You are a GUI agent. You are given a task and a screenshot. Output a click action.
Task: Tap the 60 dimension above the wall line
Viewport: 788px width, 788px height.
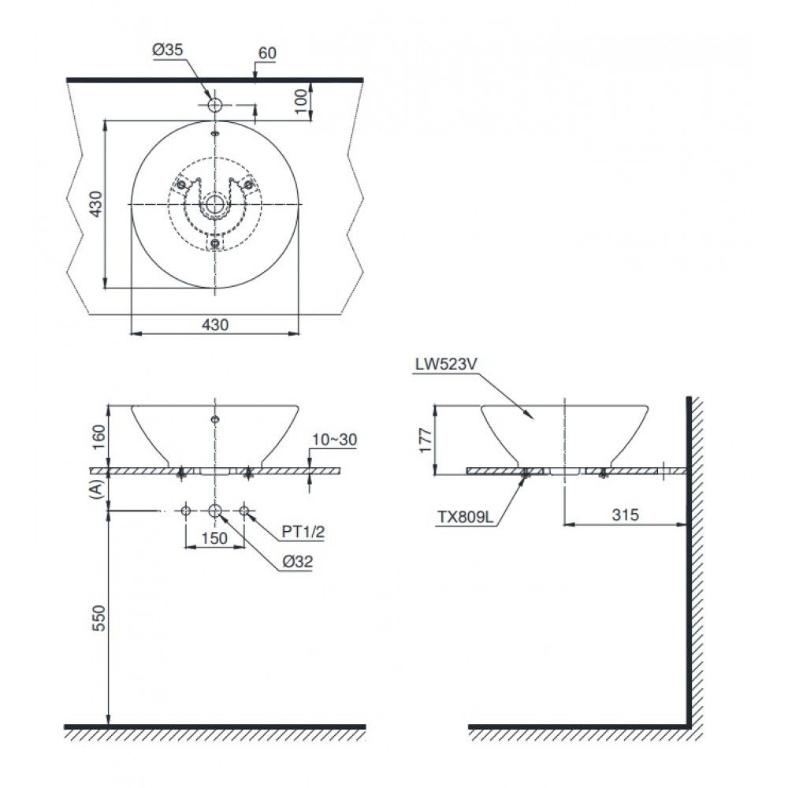point(267,53)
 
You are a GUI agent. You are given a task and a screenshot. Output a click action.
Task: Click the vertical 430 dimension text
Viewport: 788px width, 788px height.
point(95,203)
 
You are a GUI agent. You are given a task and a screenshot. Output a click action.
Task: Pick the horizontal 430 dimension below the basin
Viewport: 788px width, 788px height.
point(214,325)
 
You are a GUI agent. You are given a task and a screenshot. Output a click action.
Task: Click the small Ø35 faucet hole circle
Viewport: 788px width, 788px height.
point(214,105)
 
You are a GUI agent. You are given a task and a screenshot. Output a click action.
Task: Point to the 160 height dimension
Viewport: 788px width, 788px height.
point(98,435)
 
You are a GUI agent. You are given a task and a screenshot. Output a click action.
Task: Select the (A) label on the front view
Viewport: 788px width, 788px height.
point(97,489)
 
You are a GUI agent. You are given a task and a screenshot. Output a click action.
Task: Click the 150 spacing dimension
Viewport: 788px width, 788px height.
point(214,538)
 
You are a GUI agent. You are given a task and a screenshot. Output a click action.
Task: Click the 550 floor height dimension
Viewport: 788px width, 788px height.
point(97,619)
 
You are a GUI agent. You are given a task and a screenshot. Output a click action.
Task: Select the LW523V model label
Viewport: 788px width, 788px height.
point(447,364)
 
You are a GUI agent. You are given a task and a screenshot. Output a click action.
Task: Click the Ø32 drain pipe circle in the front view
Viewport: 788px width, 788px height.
point(214,511)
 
